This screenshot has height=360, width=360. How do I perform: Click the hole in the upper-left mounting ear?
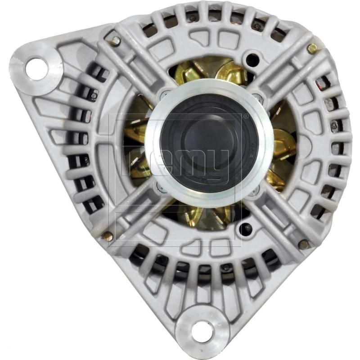pyautogui.click(x=36, y=69)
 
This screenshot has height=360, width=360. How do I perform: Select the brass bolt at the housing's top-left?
pyautogui.click(x=116, y=41)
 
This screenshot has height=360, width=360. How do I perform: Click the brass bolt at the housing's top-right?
pyautogui.click(x=311, y=49)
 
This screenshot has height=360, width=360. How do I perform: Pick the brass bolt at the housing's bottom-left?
pyautogui.click(x=108, y=235)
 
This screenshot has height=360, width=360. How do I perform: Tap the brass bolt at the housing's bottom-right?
pyautogui.click(x=304, y=244)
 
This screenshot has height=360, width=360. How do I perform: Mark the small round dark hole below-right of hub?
pyautogui.click(x=246, y=228)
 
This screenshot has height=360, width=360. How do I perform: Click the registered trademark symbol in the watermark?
pyautogui.click(x=246, y=116)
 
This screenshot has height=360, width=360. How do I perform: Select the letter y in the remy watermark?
pyautogui.click(x=227, y=153)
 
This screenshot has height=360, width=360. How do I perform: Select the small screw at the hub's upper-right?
pyautogui.click(x=258, y=96)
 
